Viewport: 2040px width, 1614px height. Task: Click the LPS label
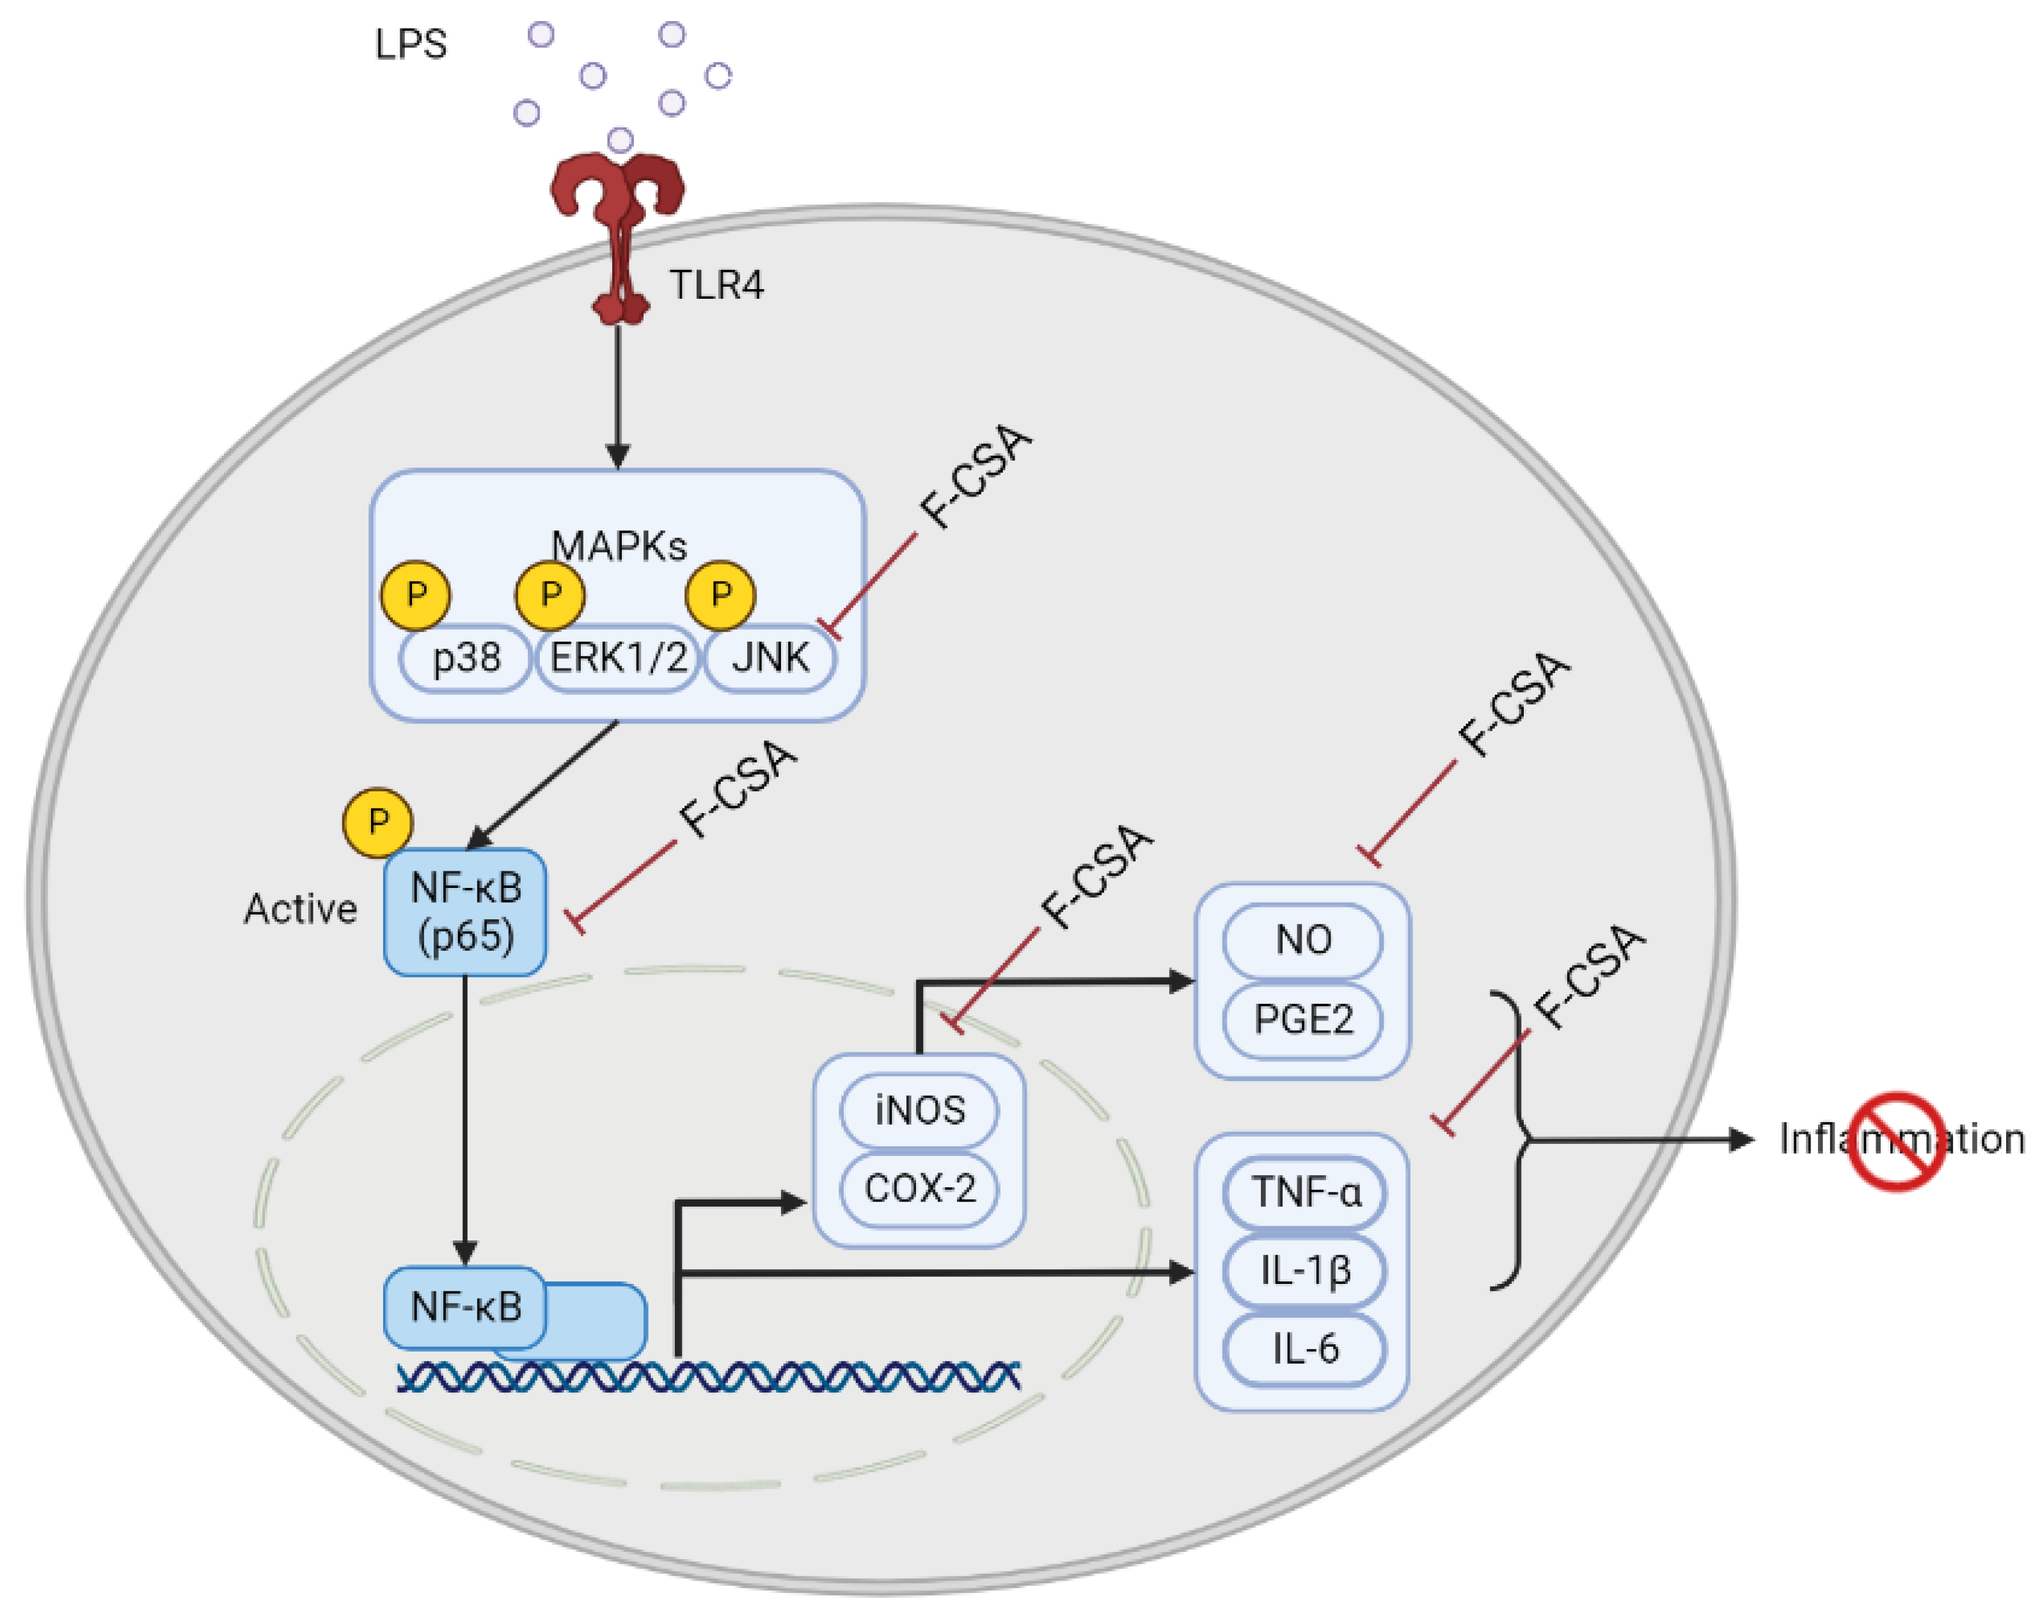(410, 44)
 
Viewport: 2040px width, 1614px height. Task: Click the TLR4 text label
(716, 285)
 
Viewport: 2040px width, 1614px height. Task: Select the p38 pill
(465, 658)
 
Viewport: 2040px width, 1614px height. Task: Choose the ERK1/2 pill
(618, 658)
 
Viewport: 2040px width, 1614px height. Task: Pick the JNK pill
(770, 658)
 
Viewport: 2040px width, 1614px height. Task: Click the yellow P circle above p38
(416, 596)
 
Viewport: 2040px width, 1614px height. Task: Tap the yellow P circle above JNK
(721, 596)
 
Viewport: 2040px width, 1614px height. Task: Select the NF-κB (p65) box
(465, 912)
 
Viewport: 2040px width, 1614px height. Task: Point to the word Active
(301, 909)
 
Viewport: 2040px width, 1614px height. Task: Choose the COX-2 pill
(919, 1188)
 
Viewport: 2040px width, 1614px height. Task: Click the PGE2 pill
(1303, 1018)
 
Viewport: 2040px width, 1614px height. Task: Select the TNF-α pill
(1305, 1192)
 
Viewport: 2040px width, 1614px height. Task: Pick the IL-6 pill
(1305, 1349)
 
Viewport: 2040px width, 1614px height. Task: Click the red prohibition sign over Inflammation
(1895, 1141)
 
